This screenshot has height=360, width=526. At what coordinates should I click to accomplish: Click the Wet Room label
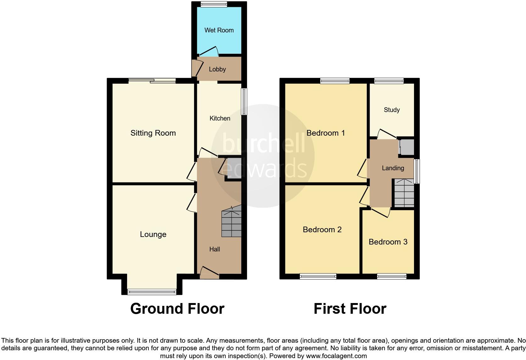click(x=219, y=30)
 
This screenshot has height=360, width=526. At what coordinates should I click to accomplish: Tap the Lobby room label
click(x=217, y=69)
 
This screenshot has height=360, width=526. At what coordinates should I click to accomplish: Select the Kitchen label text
click(x=220, y=118)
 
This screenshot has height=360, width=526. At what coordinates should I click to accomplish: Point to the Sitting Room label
click(x=153, y=133)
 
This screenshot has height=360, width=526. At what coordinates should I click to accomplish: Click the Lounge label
click(x=153, y=234)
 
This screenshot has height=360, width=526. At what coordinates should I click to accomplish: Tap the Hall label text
click(x=215, y=249)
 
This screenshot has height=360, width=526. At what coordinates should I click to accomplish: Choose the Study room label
click(x=392, y=110)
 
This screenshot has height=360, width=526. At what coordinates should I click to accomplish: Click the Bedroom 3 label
click(x=388, y=242)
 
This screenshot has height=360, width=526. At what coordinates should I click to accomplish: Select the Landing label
click(x=393, y=168)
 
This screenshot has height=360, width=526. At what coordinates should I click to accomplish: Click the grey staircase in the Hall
click(x=232, y=223)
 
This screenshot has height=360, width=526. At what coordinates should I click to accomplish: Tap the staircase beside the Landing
click(x=404, y=193)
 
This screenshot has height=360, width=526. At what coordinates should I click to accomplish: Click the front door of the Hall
click(x=210, y=273)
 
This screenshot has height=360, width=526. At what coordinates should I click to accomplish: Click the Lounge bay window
click(x=152, y=292)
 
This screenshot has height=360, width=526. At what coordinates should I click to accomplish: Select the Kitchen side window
click(x=244, y=101)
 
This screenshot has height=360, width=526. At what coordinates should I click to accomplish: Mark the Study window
click(x=389, y=81)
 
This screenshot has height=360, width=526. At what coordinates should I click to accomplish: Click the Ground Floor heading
click(x=177, y=309)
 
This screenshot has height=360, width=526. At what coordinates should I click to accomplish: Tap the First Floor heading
click(x=350, y=309)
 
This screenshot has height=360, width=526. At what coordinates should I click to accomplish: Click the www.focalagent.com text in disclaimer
click(x=336, y=356)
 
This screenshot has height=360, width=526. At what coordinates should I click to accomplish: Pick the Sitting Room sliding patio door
click(x=152, y=81)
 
